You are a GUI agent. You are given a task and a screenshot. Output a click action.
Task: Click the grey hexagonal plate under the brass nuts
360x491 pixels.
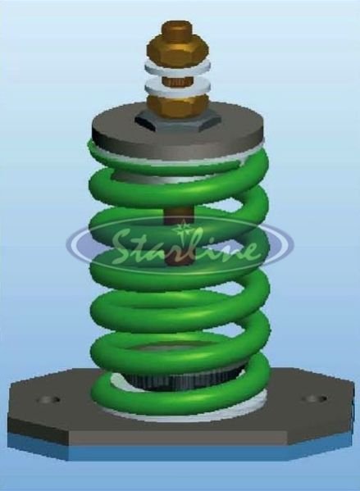[176, 120]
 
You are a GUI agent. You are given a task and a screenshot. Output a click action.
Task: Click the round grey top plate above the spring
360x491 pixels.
[115, 130]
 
